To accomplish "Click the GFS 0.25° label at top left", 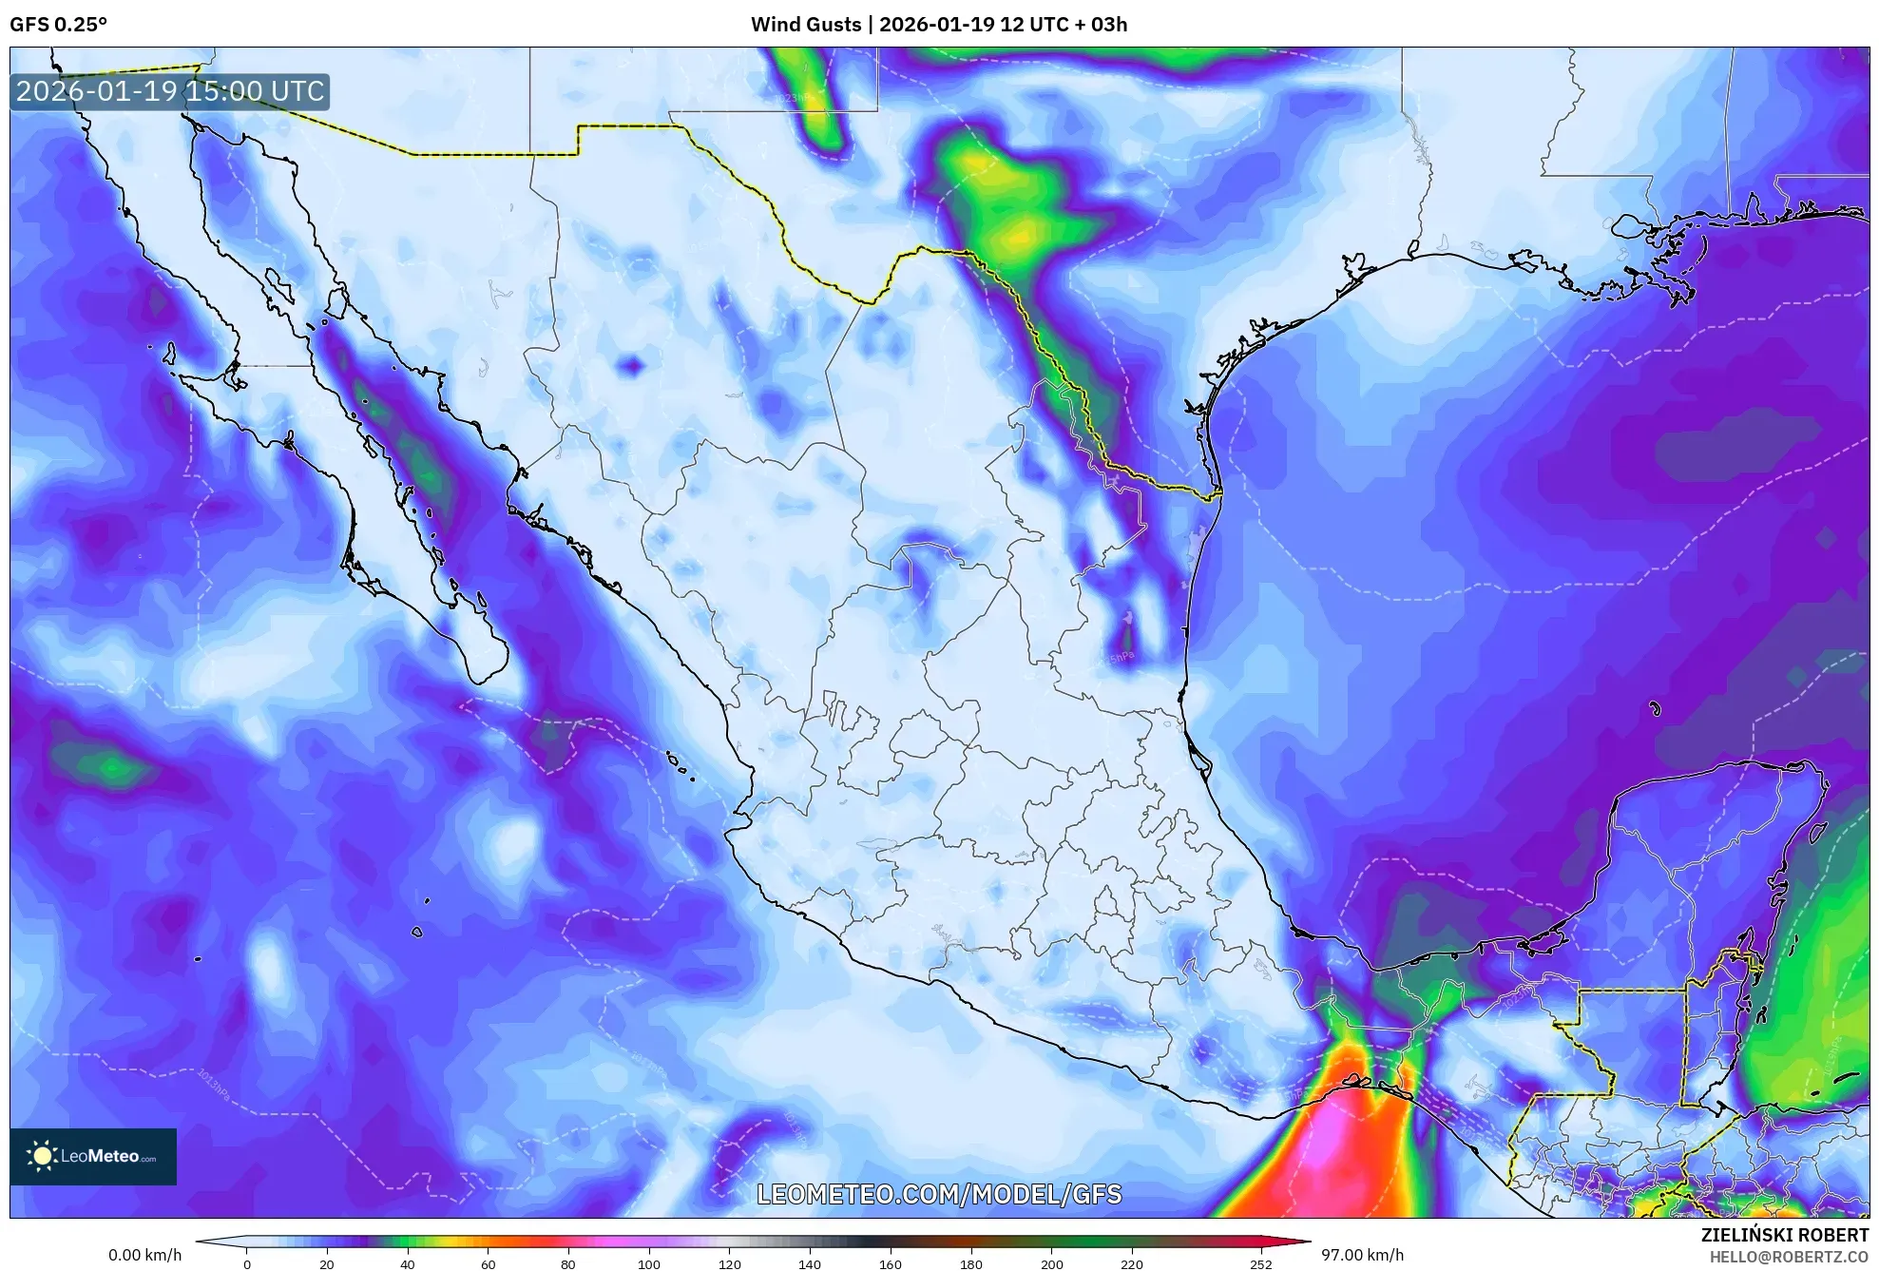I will pyautogui.click(x=58, y=25).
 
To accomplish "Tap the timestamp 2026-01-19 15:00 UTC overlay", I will pyautogui.click(x=170, y=92).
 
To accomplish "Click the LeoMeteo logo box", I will pyautogui.click(x=93, y=1156).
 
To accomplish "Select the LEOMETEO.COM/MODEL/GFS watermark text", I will pyautogui.click(x=939, y=1194).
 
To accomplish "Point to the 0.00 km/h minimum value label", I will pyautogui.click(x=144, y=1255).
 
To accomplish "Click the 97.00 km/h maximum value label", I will pyautogui.click(x=1362, y=1255).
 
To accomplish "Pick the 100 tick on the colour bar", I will pyautogui.click(x=649, y=1264).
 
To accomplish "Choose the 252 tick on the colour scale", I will pyautogui.click(x=1260, y=1264).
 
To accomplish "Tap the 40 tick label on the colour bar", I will pyautogui.click(x=408, y=1264).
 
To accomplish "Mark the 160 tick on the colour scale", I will pyautogui.click(x=891, y=1264).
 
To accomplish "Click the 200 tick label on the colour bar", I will pyautogui.click(x=1051, y=1264).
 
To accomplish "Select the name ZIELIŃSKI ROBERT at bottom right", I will pyautogui.click(x=1784, y=1235).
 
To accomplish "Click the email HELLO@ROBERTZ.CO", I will pyautogui.click(x=1789, y=1257).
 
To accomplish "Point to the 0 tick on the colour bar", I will pyautogui.click(x=247, y=1264).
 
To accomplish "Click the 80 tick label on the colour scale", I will pyautogui.click(x=568, y=1264).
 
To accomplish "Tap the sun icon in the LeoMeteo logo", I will pyautogui.click(x=42, y=1156).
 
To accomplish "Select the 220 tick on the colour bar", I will pyautogui.click(x=1132, y=1264).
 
